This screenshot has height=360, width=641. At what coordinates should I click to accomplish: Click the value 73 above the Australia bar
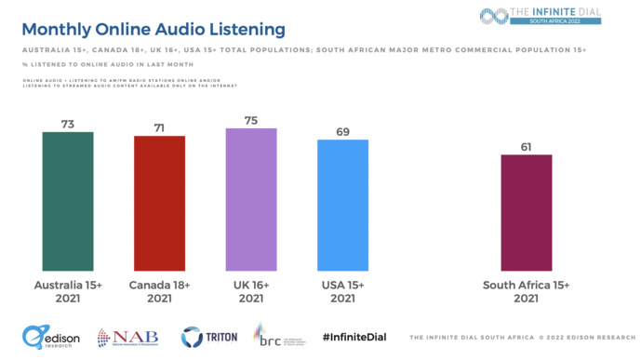68,122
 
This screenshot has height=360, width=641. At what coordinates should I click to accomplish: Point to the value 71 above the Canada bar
159,126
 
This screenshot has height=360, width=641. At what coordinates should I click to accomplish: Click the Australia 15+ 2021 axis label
68,291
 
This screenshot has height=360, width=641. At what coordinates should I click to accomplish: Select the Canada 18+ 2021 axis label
159,291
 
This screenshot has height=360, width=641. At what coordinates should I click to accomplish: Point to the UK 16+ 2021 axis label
251,291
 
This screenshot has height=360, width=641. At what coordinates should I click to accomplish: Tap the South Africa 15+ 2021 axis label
527,291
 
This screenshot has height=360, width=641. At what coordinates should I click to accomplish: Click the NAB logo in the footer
128,338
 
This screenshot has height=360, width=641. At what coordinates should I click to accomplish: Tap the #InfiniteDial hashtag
354,337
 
